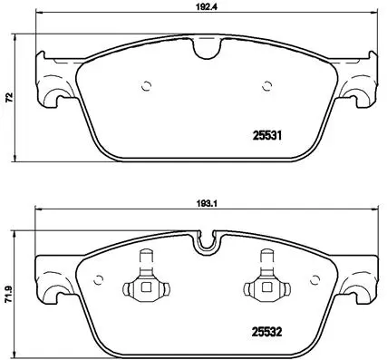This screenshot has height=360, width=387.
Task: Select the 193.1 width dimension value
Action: [x=206, y=205]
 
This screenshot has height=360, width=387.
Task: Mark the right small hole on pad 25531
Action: [x=266, y=87]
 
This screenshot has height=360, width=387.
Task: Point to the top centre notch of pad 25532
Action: [x=208, y=243]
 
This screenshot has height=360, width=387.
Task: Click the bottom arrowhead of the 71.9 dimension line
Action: [x=19, y=352]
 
